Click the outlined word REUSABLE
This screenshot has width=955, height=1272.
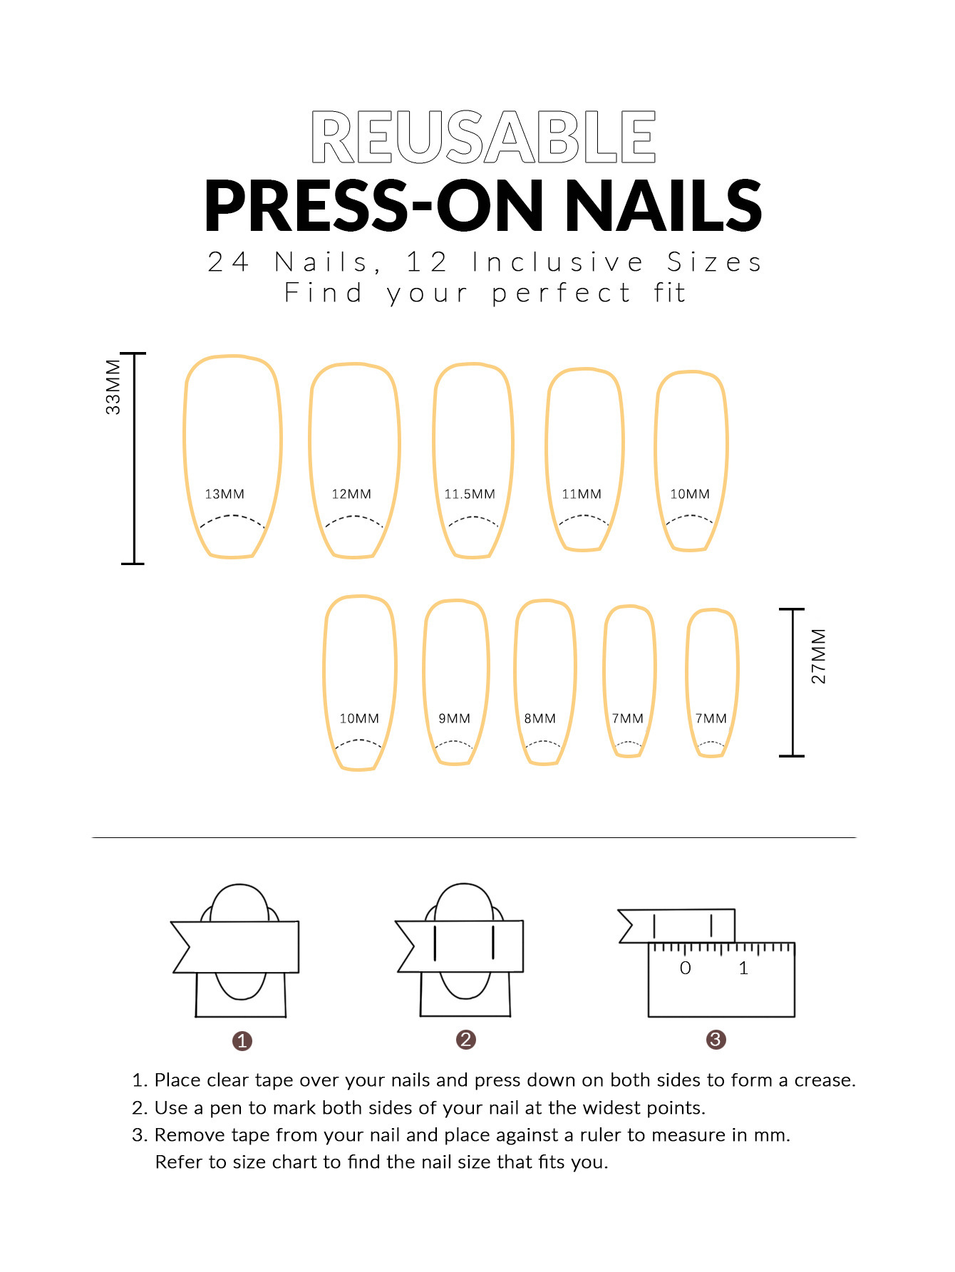[483, 137]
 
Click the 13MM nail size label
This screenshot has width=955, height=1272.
[224, 494]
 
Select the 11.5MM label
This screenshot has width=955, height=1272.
[469, 494]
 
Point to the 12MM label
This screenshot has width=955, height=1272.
[351, 494]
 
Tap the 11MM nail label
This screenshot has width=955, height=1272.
[582, 494]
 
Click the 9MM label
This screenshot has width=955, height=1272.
[454, 718]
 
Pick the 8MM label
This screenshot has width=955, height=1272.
[540, 718]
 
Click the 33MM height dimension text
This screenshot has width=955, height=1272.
[113, 387]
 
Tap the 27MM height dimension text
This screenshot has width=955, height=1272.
[819, 656]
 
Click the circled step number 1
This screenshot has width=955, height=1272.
[242, 1041]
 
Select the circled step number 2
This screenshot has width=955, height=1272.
[465, 1040]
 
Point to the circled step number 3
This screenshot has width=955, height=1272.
[716, 1040]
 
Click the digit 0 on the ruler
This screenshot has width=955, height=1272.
[685, 968]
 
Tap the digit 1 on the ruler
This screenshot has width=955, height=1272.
[743, 968]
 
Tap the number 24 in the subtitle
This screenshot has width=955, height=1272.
[228, 262]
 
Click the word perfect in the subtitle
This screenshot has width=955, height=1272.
[561, 294]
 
